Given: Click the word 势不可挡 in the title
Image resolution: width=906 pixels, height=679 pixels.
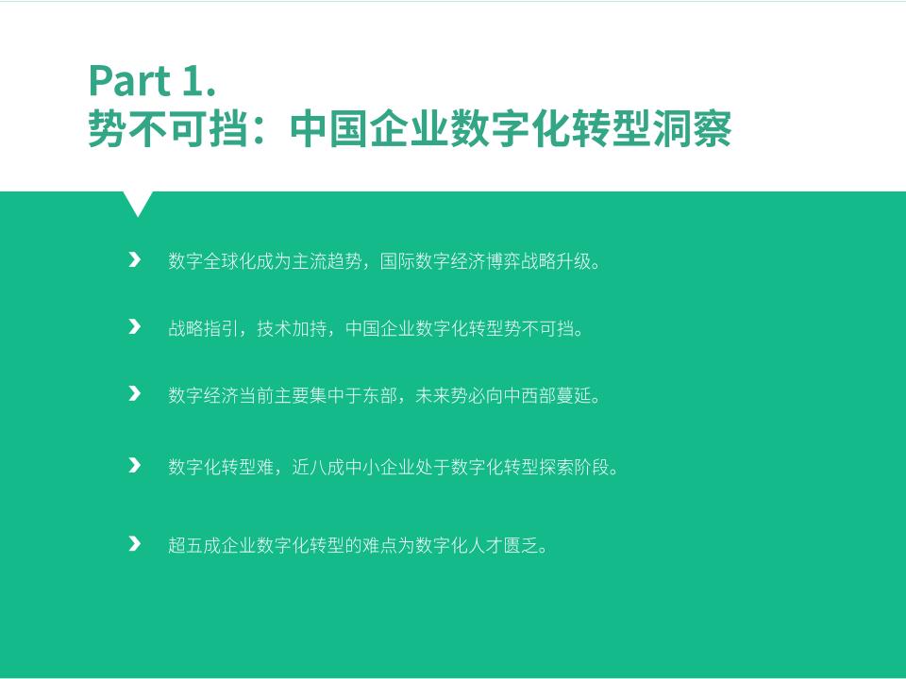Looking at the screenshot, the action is (168, 128).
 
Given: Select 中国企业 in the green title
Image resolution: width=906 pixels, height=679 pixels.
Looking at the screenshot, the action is (369, 128).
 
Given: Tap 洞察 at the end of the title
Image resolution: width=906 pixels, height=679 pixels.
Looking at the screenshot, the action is (692, 128).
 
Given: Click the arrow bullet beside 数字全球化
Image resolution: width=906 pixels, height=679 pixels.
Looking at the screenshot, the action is (135, 260).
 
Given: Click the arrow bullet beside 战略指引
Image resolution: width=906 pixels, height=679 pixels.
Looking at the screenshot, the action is (135, 327).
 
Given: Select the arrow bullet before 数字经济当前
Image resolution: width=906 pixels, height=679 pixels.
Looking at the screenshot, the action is (135, 394).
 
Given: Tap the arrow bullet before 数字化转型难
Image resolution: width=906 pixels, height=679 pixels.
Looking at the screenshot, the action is (135, 465).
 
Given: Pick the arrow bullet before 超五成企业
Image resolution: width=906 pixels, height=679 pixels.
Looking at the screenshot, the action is (135, 543).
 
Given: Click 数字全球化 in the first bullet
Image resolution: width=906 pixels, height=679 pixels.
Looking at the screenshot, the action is (212, 261).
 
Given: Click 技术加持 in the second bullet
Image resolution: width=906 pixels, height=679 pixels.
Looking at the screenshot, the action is (292, 328).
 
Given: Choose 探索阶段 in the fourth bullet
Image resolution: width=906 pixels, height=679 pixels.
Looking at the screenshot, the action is (574, 467).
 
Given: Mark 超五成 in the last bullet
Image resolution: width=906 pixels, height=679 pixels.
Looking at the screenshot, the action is (194, 545).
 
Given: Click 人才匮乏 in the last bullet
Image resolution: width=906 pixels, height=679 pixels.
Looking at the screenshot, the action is (503, 545).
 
